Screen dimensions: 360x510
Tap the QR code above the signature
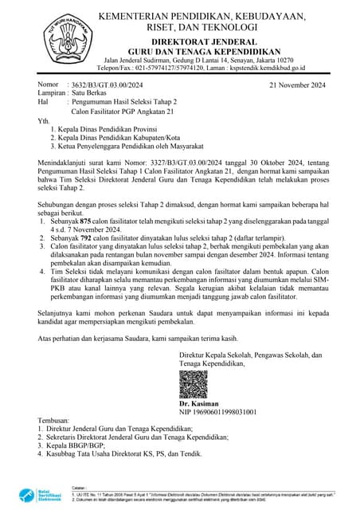[194, 385]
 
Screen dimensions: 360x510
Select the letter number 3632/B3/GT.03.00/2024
[108, 84]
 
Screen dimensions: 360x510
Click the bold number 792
[88, 237]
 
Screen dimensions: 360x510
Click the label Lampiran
[52, 93]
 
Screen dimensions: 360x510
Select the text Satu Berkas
[90, 93]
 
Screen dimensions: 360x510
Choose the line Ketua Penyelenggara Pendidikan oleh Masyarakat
[127, 147]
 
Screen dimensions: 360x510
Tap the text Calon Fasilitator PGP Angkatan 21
[125, 112]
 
